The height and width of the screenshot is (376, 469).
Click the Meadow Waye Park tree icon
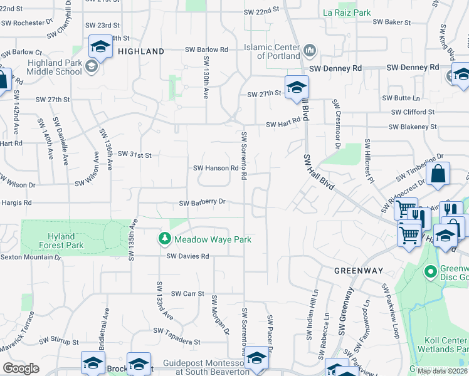[x=164, y=239]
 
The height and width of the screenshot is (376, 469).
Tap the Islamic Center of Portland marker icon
[x=308, y=50]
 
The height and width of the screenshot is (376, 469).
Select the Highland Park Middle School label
[x=46, y=67]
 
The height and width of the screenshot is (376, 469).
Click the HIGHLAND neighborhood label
[x=141, y=51]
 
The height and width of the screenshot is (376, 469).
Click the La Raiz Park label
[x=347, y=13]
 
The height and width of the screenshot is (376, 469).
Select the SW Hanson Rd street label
[x=216, y=168]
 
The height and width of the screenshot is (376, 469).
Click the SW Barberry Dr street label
[x=202, y=202]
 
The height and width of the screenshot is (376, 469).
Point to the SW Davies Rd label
[x=187, y=256]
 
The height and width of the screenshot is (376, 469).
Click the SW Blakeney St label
[x=412, y=127]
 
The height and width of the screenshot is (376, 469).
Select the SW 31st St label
[x=135, y=154]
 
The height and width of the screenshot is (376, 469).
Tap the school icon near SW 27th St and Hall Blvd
[x=297, y=86]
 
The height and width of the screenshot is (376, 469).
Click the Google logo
[x=21, y=368]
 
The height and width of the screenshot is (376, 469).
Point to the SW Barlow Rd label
[x=206, y=50]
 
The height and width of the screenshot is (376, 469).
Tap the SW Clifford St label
[x=413, y=112]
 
